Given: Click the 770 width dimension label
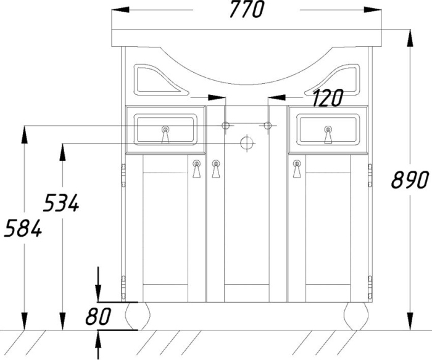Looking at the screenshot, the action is (247, 9).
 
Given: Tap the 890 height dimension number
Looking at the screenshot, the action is (410, 180).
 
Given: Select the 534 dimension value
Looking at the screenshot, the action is (62, 203).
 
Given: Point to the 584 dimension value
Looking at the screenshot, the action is (23, 228).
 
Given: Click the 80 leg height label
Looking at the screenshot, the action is (98, 316).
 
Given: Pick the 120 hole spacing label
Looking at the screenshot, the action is (328, 98).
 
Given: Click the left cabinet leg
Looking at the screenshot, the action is (137, 316).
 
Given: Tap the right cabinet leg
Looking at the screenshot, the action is (356, 316).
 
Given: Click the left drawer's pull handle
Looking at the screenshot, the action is (165, 134).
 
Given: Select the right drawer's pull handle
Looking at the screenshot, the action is (328, 134).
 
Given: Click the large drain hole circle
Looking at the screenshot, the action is (247, 143).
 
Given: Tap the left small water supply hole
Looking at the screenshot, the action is (226, 126).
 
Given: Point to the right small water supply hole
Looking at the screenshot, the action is (268, 126).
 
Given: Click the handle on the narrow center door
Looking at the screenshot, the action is (216, 168).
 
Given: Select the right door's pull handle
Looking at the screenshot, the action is (297, 168).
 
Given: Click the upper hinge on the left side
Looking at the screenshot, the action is (123, 175).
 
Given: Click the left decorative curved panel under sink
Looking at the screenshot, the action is (160, 80).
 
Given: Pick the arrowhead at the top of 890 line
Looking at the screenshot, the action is (410, 38).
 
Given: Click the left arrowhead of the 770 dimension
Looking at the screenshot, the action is (120, 10).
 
